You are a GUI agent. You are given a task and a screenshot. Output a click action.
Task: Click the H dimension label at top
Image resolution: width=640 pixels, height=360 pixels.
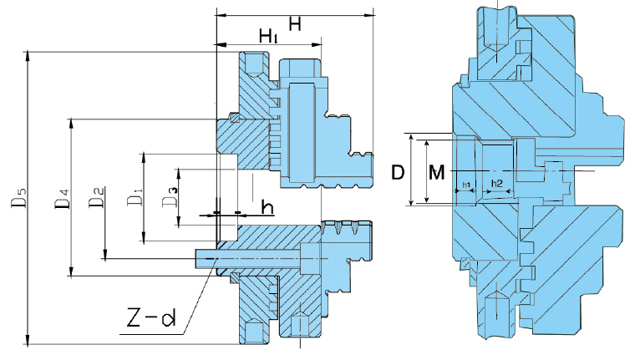point(294,24)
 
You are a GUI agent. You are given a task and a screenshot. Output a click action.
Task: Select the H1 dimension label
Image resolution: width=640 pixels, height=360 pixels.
point(267,37)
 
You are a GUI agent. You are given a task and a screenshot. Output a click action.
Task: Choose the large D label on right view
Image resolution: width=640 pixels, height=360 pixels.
point(399,173)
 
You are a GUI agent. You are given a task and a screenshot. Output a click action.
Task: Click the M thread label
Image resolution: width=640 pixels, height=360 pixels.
point(436,173)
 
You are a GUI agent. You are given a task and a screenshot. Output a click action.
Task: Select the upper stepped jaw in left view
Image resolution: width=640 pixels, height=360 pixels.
point(326,125)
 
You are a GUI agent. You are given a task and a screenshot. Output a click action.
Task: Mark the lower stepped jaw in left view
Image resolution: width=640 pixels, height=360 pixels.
point(343,251)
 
